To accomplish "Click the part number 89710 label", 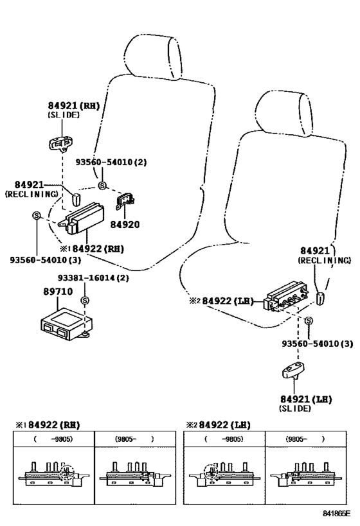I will click(x=57, y=291).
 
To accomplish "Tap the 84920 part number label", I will click(x=124, y=225).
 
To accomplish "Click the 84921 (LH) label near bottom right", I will click(x=305, y=399).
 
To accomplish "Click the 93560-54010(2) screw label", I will click(x=111, y=162).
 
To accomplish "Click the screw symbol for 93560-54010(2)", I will click(x=102, y=186).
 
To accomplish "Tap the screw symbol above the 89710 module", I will click(x=84, y=301).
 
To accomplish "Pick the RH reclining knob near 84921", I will click(x=75, y=197).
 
